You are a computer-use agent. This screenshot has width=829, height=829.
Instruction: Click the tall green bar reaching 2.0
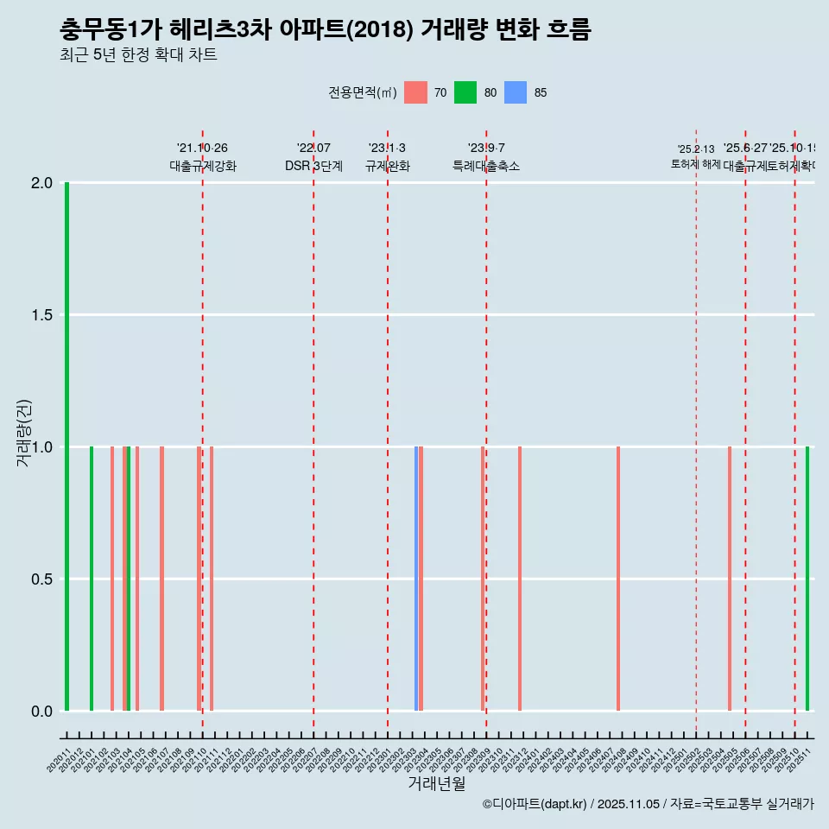point(66,446)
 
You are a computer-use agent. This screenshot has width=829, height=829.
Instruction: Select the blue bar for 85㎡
point(416,579)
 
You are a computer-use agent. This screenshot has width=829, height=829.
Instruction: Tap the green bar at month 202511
point(807,579)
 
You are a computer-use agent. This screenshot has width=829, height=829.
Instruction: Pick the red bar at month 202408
point(618,579)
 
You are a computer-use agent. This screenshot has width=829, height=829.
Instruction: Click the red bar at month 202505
point(730,579)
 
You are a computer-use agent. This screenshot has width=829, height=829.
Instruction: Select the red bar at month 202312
point(520,579)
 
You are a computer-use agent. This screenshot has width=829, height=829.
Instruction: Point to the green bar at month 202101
point(92,579)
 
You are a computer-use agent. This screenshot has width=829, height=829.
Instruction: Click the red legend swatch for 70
point(415,92)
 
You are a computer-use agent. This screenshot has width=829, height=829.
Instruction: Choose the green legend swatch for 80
point(465,92)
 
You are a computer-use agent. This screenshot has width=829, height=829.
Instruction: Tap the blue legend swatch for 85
point(516,92)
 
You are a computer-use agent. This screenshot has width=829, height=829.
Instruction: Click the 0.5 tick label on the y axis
point(41,579)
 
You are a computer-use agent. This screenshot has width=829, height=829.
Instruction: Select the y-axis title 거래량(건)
point(24,433)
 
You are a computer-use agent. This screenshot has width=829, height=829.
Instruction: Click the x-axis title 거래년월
point(436,784)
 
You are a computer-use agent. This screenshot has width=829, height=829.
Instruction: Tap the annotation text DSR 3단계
point(313,167)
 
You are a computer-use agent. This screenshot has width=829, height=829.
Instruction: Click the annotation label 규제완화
point(387,167)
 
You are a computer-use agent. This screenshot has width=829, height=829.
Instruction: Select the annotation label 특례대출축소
point(486,167)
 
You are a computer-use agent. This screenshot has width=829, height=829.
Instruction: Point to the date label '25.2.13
point(696,149)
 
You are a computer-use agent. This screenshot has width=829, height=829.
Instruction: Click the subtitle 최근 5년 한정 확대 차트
point(138,55)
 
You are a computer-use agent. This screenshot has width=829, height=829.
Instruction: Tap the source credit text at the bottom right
point(648,804)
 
